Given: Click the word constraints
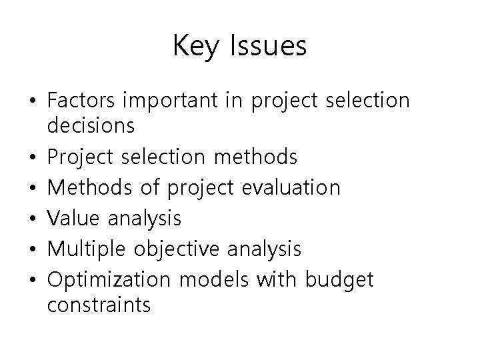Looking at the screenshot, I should click(x=99, y=305).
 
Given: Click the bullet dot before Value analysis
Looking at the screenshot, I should click(x=33, y=219).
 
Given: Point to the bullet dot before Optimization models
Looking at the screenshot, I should click(x=33, y=280).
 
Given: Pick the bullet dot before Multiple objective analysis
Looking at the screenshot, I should click(x=33, y=249).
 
